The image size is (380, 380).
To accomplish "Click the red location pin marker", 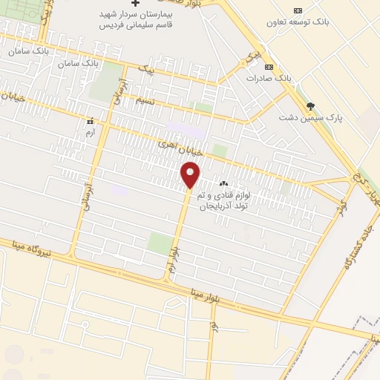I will (x=190, y=175).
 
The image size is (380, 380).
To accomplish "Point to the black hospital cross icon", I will (x=134, y=4).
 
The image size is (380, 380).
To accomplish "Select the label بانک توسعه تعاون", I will (x=298, y=22).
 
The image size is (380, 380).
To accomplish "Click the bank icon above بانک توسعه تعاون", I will (x=298, y=10).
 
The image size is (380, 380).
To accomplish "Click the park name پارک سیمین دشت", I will (x=310, y=117).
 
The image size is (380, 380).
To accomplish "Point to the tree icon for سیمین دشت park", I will (x=310, y=106).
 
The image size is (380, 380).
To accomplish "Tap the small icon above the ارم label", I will (x=91, y=120).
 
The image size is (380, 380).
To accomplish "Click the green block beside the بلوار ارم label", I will (x=159, y=243).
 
